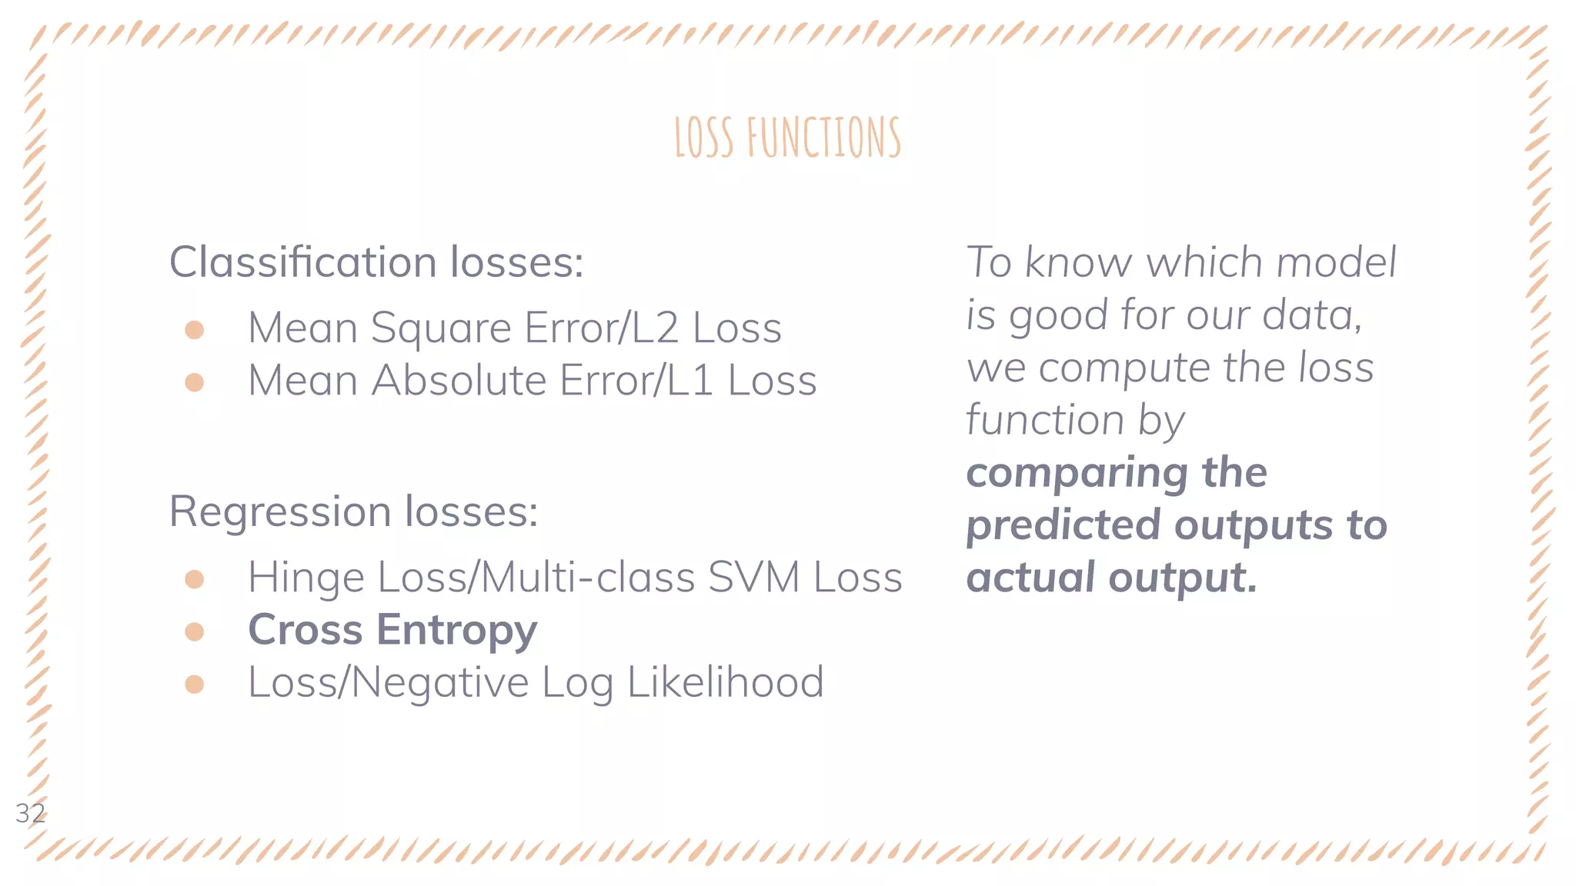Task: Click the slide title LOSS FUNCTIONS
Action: click(787, 138)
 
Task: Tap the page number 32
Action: click(30, 813)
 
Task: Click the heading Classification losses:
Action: click(376, 262)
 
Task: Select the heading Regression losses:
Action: click(353, 511)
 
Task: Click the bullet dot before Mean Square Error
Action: click(195, 330)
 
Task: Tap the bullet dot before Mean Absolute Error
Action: click(195, 382)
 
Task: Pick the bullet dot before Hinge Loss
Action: click(195, 579)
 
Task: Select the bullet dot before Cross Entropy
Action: click(195, 631)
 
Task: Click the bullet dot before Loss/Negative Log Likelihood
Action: click(195, 684)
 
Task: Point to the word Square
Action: click(441, 329)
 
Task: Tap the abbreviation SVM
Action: click(754, 578)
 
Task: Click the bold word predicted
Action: click(1062, 525)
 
